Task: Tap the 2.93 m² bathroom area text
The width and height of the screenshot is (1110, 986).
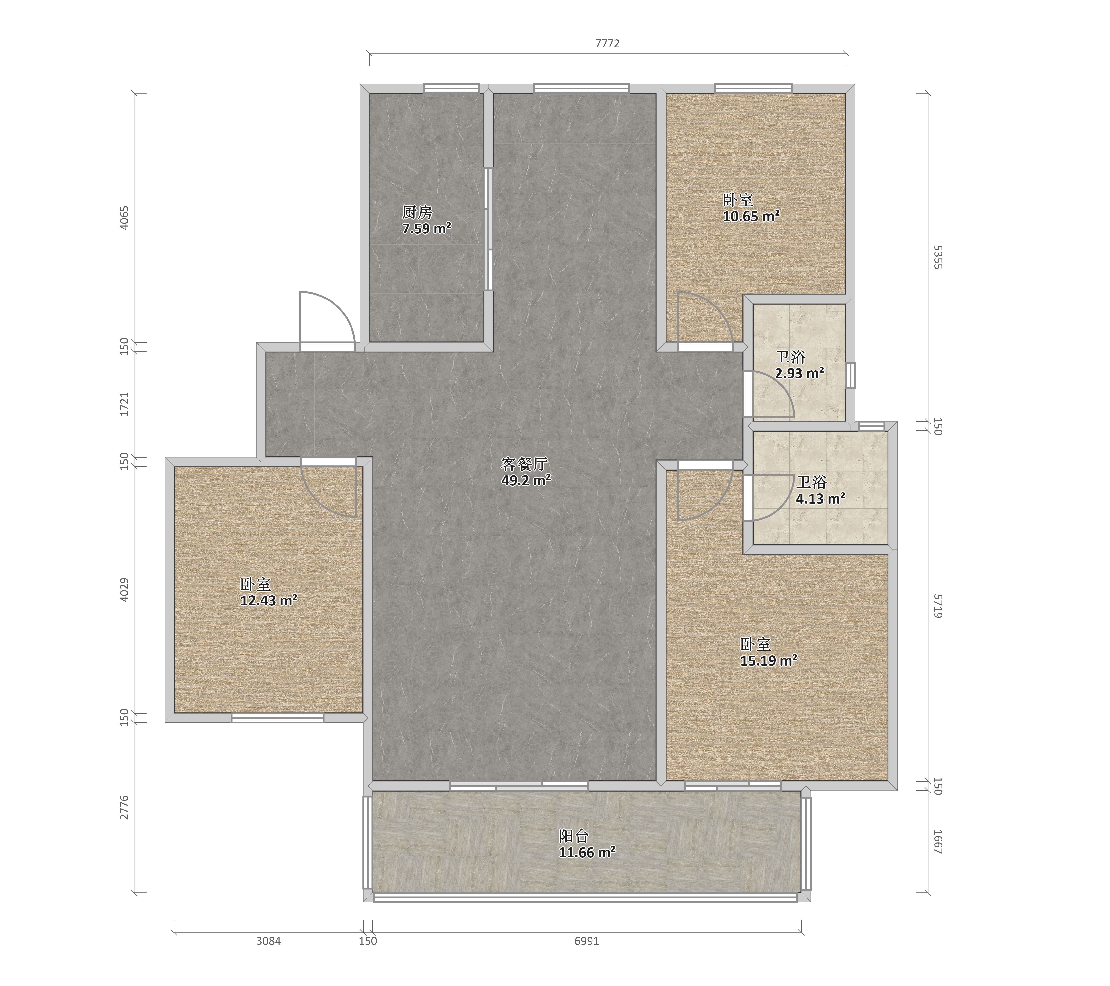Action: coord(799,373)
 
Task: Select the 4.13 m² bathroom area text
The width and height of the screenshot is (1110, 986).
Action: coord(821,498)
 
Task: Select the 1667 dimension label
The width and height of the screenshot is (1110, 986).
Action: coord(938,842)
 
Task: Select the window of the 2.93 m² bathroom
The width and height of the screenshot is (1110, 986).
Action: coord(851,375)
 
